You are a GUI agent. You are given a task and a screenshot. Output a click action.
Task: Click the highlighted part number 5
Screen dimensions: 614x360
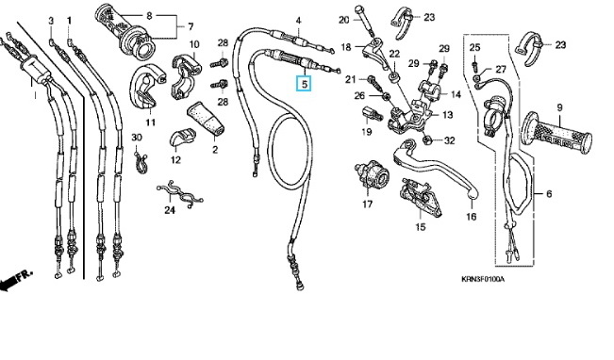pyautogui.click(x=305, y=83)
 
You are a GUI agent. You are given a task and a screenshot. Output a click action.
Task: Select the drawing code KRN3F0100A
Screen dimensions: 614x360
pyautogui.click(x=483, y=279)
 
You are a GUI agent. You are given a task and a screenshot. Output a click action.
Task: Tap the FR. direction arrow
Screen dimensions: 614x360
pyautogui.click(x=16, y=280)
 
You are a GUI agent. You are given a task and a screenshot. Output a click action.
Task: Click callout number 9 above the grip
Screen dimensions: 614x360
pyautogui.click(x=559, y=107)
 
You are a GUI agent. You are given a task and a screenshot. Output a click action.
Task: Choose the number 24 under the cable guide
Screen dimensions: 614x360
pyautogui.click(x=169, y=210)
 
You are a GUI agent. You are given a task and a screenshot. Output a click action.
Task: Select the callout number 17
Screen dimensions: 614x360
pyautogui.click(x=367, y=204)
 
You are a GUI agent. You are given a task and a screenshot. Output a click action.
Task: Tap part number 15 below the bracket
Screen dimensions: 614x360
pyautogui.click(x=420, y=227)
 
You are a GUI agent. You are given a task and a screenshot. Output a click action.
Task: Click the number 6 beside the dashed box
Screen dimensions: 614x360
pyautogui.click(x=549, y=193)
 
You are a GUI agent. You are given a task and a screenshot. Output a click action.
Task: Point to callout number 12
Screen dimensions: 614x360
pyautogui.click(x=175, y=159)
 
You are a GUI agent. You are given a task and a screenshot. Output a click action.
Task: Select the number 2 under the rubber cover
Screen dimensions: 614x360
pyautogui.click(x=215, y=150)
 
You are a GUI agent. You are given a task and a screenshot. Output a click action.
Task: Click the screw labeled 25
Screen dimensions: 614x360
pyautogui.click(x=474, y=62)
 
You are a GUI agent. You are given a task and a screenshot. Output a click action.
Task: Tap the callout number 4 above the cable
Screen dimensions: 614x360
pyautogui.click(x=298, y=21)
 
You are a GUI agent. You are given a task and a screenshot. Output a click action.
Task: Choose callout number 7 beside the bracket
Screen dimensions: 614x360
pyautogui.click(x=191, y=26)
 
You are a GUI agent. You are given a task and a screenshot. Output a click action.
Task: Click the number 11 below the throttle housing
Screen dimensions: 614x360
pyautogui.click(x=150, y=123)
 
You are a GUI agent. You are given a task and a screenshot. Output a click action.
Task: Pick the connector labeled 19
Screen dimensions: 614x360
pyautogui.click(x=372, y=114)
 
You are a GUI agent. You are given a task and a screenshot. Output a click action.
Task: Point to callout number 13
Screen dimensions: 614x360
pyautogui.click(x=447, y=115)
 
